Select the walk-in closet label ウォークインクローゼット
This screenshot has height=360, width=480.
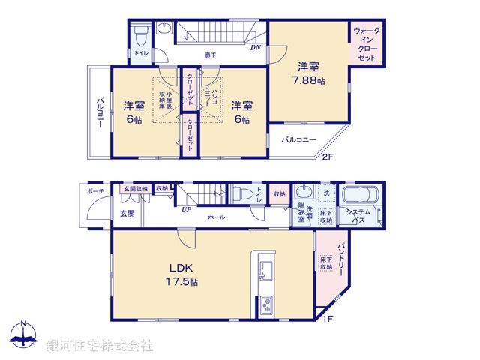[367, 44]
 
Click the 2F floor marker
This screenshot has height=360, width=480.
[328, 157]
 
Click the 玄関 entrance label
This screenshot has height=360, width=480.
[127, 213]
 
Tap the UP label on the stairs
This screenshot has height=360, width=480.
[184, 209]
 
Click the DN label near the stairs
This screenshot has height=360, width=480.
[256, 48]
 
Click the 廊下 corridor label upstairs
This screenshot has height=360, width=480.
[211, 55]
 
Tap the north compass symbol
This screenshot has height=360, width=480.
[23, 334]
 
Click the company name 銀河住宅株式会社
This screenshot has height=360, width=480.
[100, 346]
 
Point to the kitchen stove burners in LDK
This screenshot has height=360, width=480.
[267, 306]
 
